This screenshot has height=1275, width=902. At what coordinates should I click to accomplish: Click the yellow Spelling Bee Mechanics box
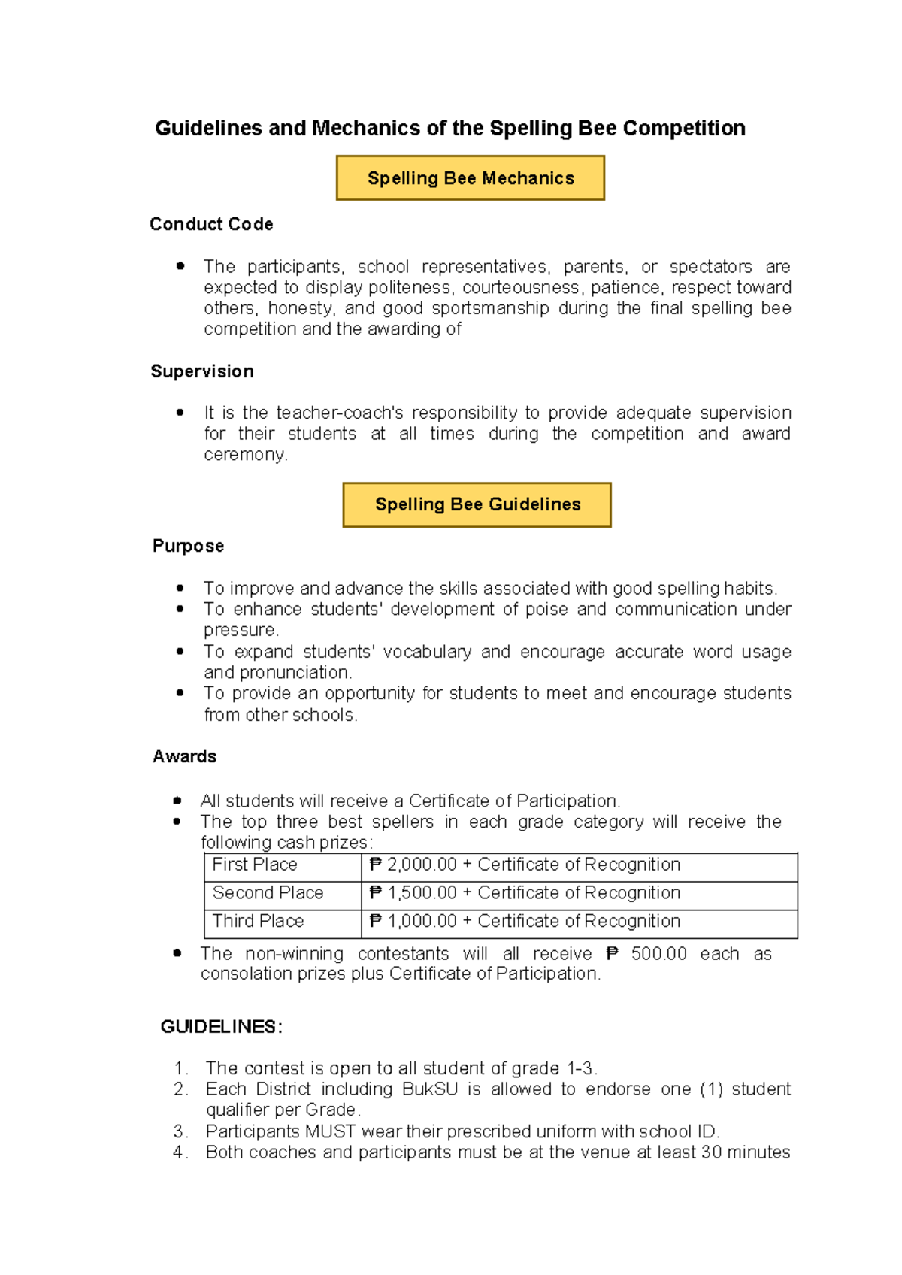click(471, 178)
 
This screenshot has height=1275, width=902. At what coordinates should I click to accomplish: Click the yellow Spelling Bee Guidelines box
click(477, 504)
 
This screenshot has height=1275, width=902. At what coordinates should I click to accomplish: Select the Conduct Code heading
click(211, 224)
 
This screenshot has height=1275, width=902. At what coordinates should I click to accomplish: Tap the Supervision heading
click(202, 371)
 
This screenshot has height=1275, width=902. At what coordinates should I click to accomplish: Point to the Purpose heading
click(188, 546)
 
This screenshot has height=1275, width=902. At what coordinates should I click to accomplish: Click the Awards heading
click(184, 756)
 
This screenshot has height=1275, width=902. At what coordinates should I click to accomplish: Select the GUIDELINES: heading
click(221, 1027)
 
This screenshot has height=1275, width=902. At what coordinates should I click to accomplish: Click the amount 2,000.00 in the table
click(422, 865)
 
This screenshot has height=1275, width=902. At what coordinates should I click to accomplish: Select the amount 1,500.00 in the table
click(422, 893)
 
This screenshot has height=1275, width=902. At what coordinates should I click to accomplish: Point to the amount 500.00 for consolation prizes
click(658, 954)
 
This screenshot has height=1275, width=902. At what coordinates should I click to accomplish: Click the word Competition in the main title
click(684, 129)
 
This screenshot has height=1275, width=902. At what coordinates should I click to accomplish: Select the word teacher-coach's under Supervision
click(340, 413)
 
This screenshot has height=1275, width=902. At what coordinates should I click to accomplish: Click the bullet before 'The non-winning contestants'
click(177, 953)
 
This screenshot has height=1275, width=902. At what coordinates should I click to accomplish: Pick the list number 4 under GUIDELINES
click(179, 1152)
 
